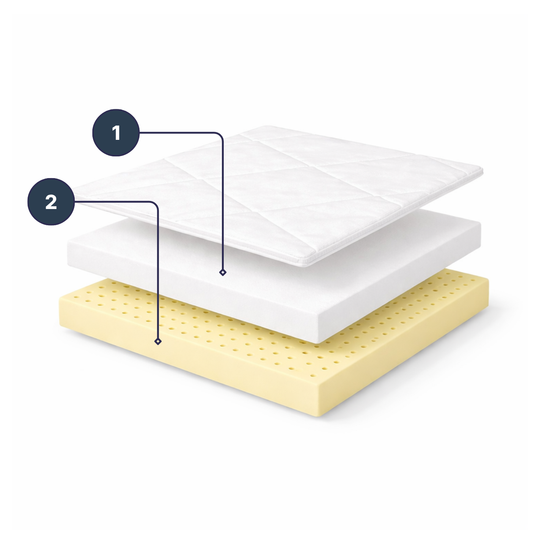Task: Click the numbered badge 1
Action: (x=116, y=133)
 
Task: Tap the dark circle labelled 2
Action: (x=51, y=202)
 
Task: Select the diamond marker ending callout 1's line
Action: (x=223, y=272)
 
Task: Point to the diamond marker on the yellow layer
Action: (x=158, y=342)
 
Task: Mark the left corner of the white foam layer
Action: (x=68, y=245)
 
